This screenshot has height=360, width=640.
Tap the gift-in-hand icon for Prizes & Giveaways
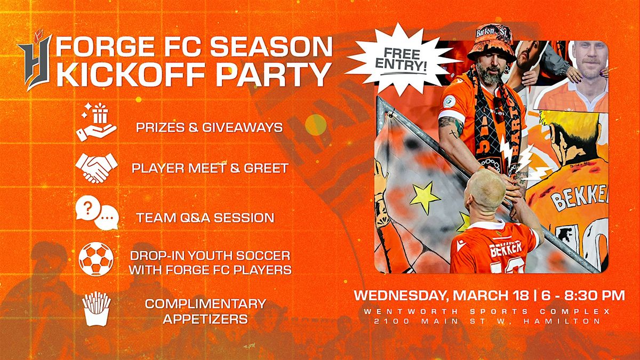pyautogui.click(x=97, y=122)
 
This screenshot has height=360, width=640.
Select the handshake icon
pyautogui.click(x=97, y=168)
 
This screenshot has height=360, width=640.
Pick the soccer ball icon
pyautogui.click(x=96, y=259)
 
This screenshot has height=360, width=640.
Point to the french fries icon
pyautogui.click(x=97, y=309)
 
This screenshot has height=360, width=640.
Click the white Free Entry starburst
pyautogui.click(x=402, y=59)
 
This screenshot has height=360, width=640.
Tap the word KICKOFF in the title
pyautogui.click(x=130, y=74)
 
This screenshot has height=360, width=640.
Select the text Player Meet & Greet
pyautogui.click(x=210, y=168)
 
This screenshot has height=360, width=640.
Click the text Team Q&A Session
pyautogui.click(x=205, y=218)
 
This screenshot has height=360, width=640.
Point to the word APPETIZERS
pyautogui.click(x=205, y=319)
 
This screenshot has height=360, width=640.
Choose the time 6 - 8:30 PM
pyautogui.click(x=583, y=295)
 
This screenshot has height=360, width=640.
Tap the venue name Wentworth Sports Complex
pyautogui.click(x=487, y=311)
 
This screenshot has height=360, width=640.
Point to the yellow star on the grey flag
pyautogui.click(x=425, y=198)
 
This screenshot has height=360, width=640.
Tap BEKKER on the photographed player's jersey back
pyautogui.click(x=506, y=250)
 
